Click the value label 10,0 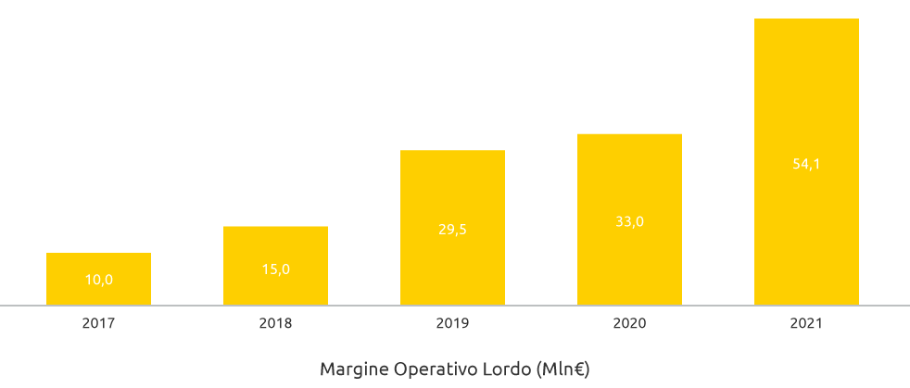click(98, 280)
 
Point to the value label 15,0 click(275, 269)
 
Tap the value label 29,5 click(452, 230)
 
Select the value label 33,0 click(629, 221)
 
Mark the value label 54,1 click(806, 164)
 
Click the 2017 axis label click(98, 324)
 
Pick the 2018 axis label click(275, 324)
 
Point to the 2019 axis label click(452, 324)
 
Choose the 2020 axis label click(629, 324)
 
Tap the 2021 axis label click(806, 324)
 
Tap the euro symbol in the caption click(578, 369)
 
